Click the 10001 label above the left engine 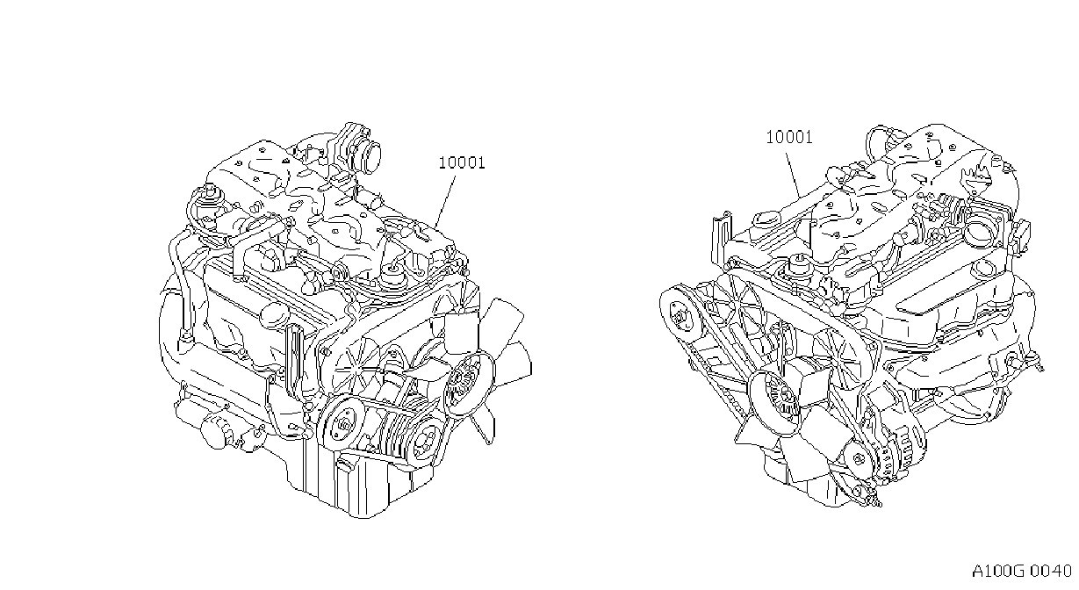coord(462,162)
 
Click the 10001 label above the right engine coord(789,138)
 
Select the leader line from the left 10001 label coord(444,202)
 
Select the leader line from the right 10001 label coord(794,176)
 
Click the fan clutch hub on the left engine coord(464,384)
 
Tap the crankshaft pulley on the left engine coord(345,424)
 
